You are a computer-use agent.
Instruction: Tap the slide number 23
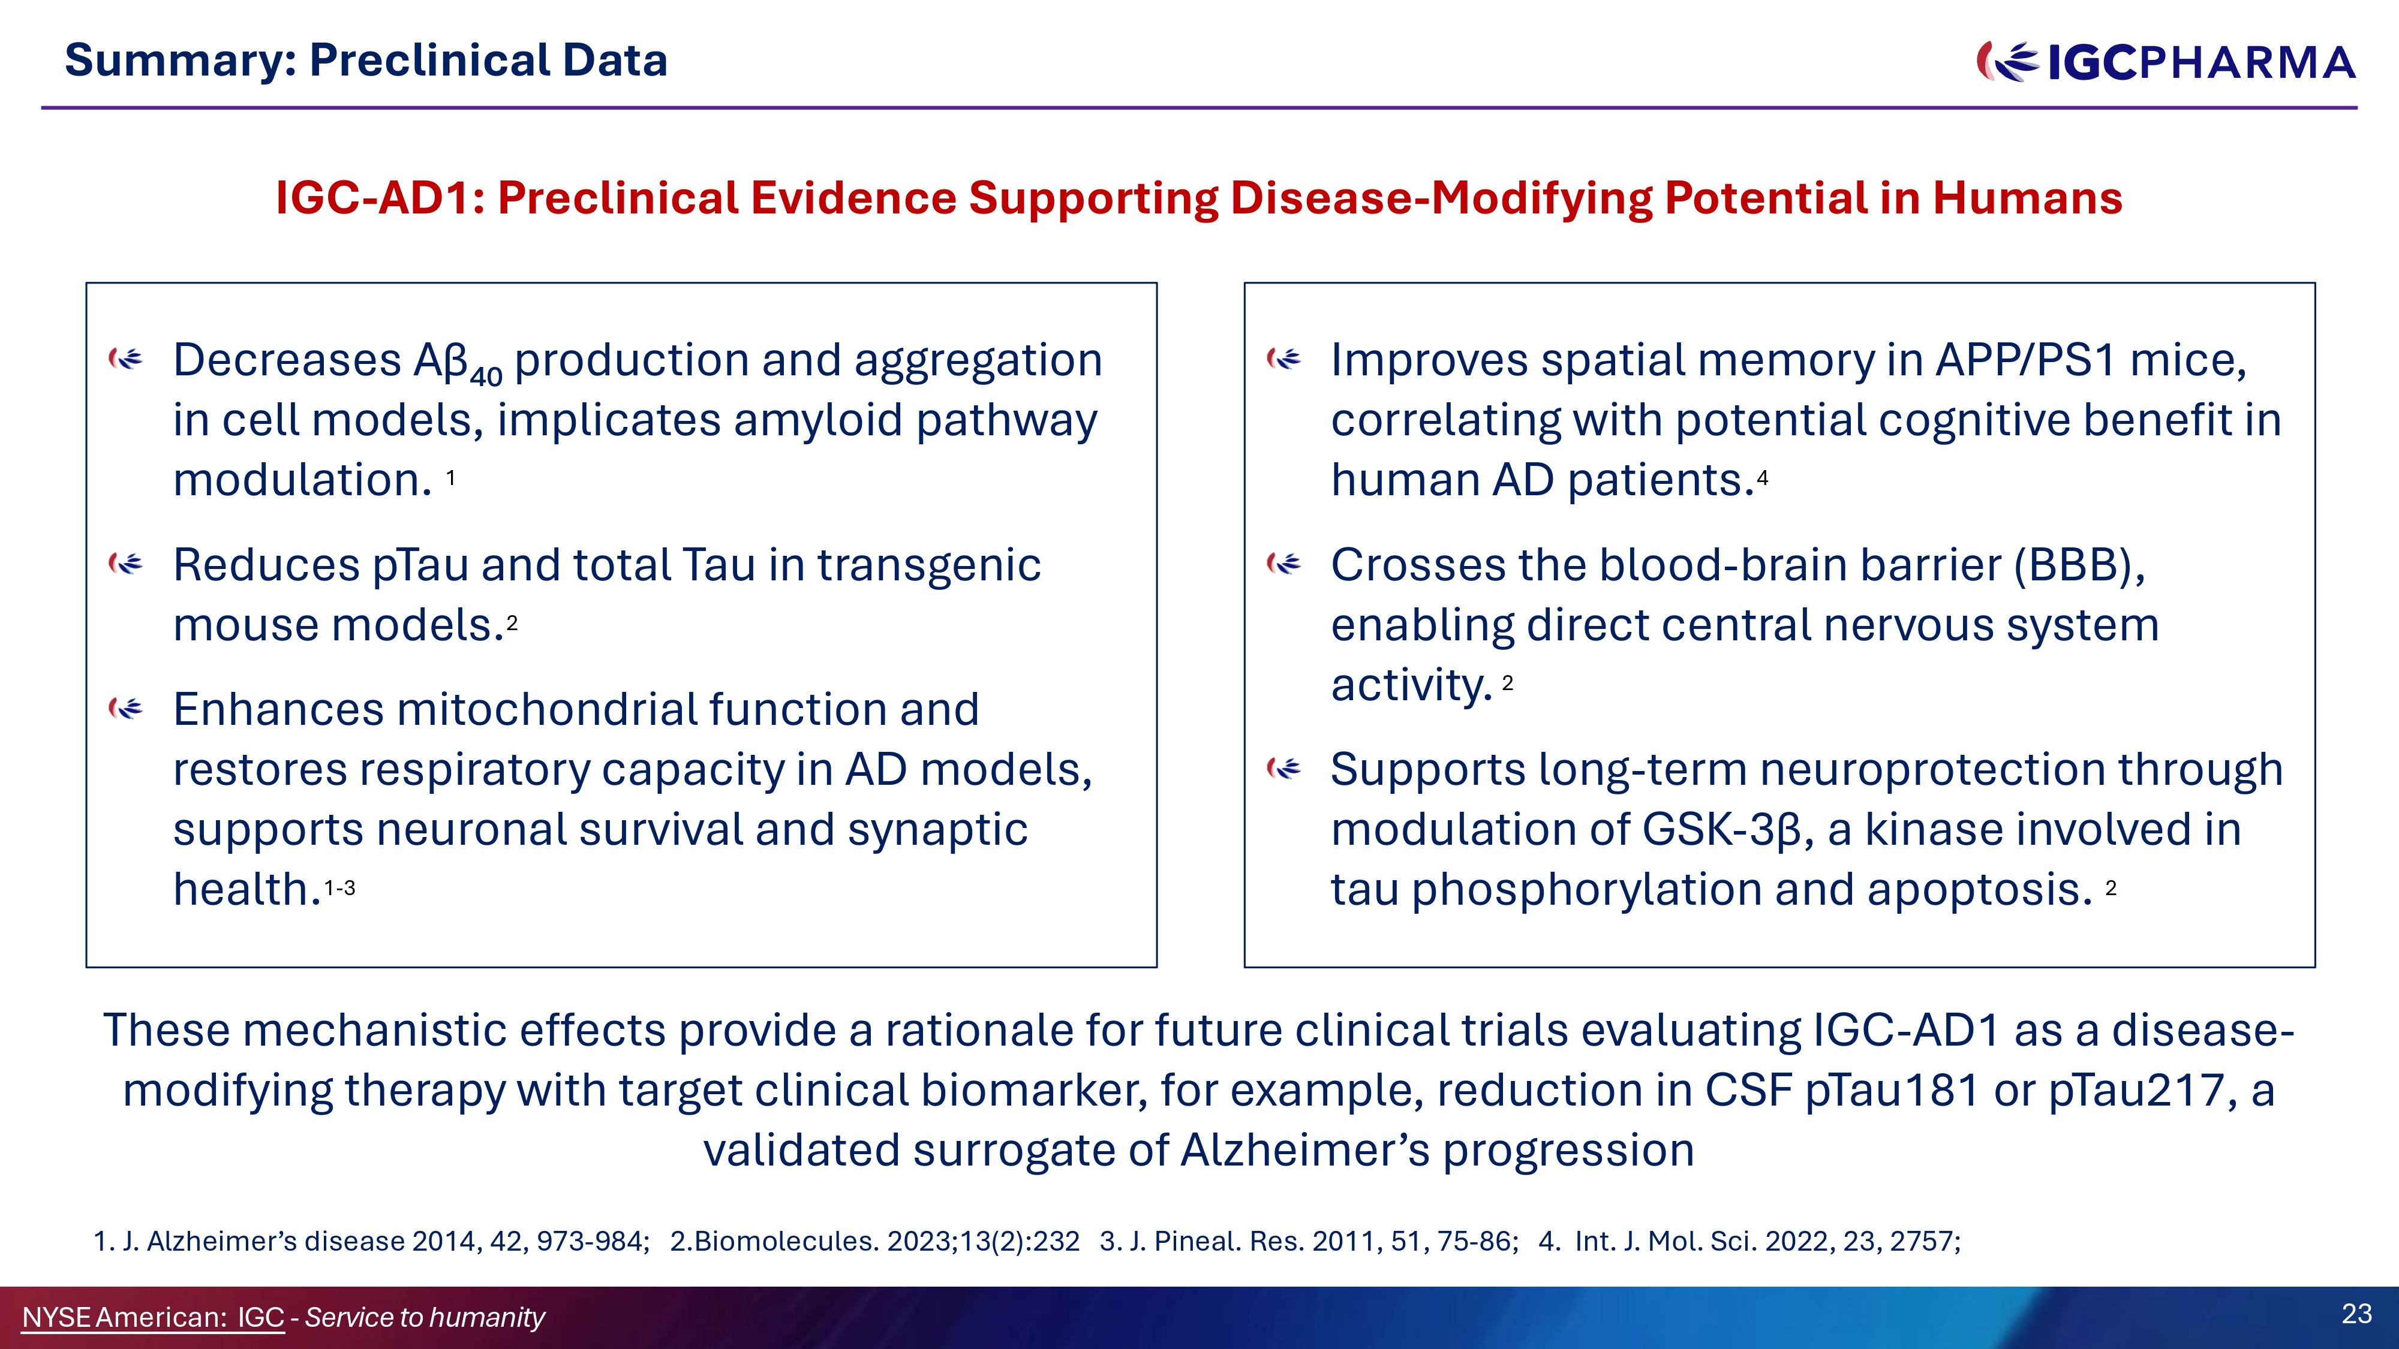click(x=2356, y=1314)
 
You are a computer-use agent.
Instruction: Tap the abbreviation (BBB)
click(x=2079, y=565)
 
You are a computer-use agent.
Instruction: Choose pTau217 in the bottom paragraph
click(x=2138, y=1090)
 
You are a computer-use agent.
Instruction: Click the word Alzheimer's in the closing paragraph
click(x=1304, y=1150)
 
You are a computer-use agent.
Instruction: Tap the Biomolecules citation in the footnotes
click(x=874, y=1241)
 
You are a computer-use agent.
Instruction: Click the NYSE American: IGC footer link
click(x=153, y=1317)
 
